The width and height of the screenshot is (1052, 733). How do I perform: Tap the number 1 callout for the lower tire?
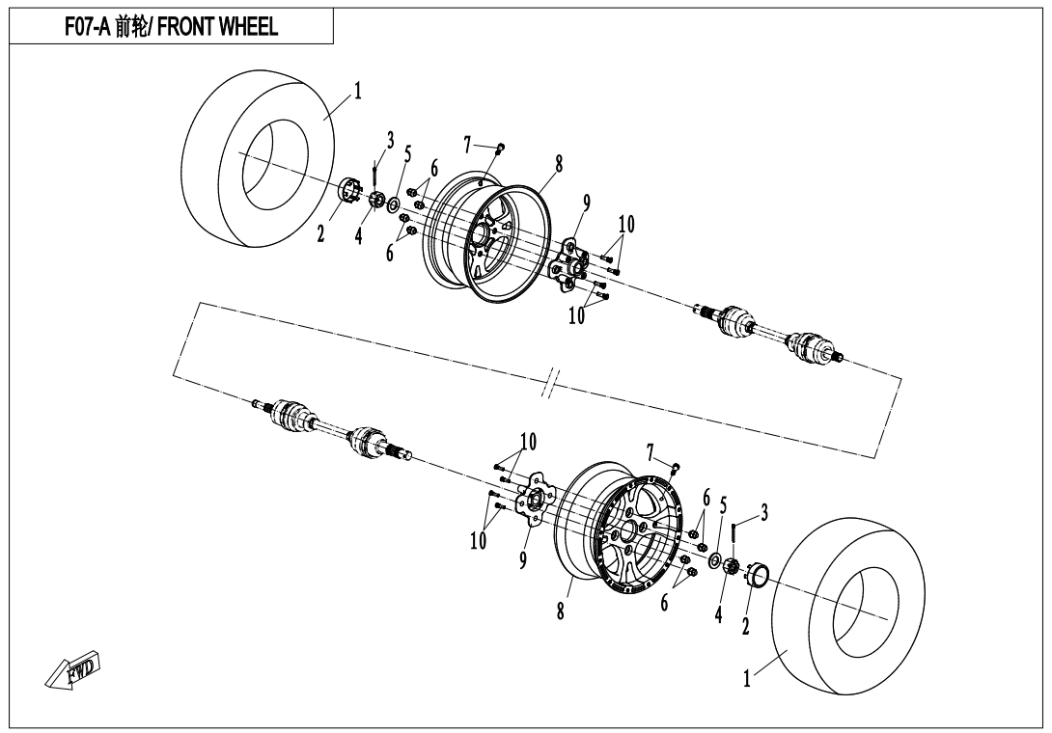tap(747, 679)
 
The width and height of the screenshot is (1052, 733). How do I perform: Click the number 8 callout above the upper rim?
tap(558, 164)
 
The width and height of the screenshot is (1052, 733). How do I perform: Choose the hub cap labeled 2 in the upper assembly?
tap(348, 191)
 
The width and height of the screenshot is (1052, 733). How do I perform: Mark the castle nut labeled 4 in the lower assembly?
tap(732, 567)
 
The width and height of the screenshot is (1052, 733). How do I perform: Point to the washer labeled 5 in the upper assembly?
tap(394, 203)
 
